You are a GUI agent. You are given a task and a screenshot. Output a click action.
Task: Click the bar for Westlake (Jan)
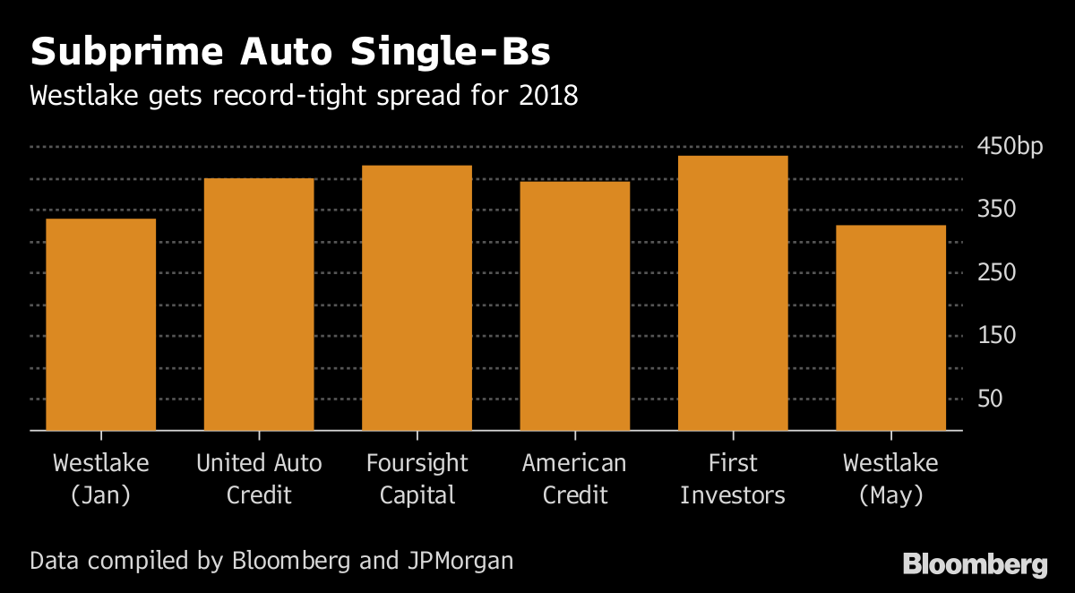pyautogui.click(x=100, y=324)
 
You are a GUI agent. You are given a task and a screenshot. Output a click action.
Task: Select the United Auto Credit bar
pyautogui.click(x=259, y=305)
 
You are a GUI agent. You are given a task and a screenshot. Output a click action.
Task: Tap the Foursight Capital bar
pyautogui.click(x=417, y=297)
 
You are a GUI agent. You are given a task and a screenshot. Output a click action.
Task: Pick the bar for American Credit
pyautogui.click(x=575, y=305)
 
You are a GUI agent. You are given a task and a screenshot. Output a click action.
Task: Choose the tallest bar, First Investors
pyautogui.click(x=733, y=293)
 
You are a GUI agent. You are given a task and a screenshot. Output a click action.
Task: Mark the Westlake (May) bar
pyautogui.click(x=890, y=328)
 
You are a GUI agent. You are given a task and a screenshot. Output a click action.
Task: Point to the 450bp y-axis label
pyautogui.click(x=1010, y=147)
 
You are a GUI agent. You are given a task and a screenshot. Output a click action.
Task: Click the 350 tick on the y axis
pyautogui.click(x=996, y=210)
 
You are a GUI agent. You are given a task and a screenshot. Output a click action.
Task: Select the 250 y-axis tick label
pyautogui.click(x=996, y=272)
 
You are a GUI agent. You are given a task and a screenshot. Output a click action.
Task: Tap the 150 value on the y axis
pyautogui.click(x=996, y=336)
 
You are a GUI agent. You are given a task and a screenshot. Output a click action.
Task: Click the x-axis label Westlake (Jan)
pyautogui.click(x=100, y=478)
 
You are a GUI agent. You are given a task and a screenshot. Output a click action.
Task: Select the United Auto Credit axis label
pyautogui.click(x=259, y=478)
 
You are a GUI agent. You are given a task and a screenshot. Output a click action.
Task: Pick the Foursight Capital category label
pyautogui.click(x=417, y=478)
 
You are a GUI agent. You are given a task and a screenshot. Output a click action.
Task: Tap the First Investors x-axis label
pyautogui.click(x=733, y=478)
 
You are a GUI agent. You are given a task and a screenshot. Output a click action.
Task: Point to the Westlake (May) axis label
pyautogui.click(x=890, y=478)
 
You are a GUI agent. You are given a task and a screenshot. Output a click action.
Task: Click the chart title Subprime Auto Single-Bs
pyautogui.click(x=290, y=53)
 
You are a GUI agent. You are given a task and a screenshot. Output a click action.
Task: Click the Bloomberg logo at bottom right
pyautogui.click(x=975, y=564)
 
